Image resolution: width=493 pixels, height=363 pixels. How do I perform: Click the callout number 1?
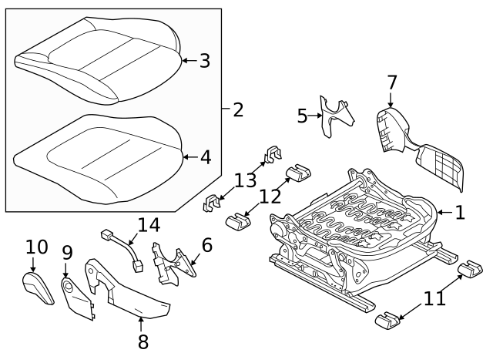(x=460, y=212)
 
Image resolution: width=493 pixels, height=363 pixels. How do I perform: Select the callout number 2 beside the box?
(x=237, y=109)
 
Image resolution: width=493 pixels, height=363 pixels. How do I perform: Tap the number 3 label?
(x=204, y=60)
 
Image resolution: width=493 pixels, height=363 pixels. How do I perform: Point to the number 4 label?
(x=205, y=157)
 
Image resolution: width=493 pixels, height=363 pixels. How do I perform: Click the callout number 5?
(x=302, y=116)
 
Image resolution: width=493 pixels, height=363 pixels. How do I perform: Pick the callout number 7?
(x=391, y=82)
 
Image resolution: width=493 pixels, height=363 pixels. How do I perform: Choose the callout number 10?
(x=36, y=247)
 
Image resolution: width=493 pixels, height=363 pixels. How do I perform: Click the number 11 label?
(x=435, y=297)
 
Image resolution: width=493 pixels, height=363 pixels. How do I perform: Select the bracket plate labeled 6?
(x=173, y=260)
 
